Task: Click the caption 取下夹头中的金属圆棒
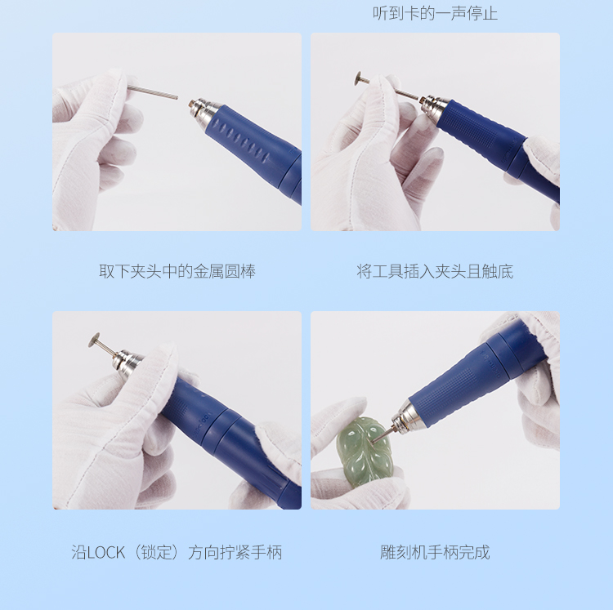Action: tap(177, 271)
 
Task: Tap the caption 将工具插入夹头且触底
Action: tap(435, 271)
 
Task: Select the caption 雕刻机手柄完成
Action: tap(435, 552)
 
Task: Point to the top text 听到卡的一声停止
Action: tap(435, 13)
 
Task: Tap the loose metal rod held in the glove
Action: tap(153, 92)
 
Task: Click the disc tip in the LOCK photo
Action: tap(95, 340)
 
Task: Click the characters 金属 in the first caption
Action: tap(208, 271)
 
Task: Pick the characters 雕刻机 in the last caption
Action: tap(404, 552)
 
